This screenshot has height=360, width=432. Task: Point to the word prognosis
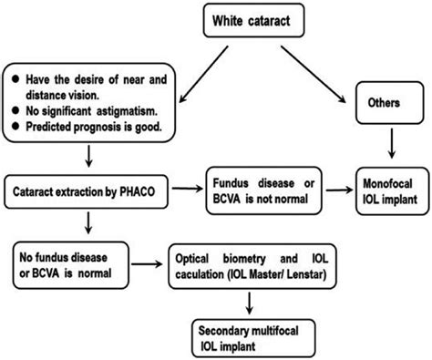coord(91,126)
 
